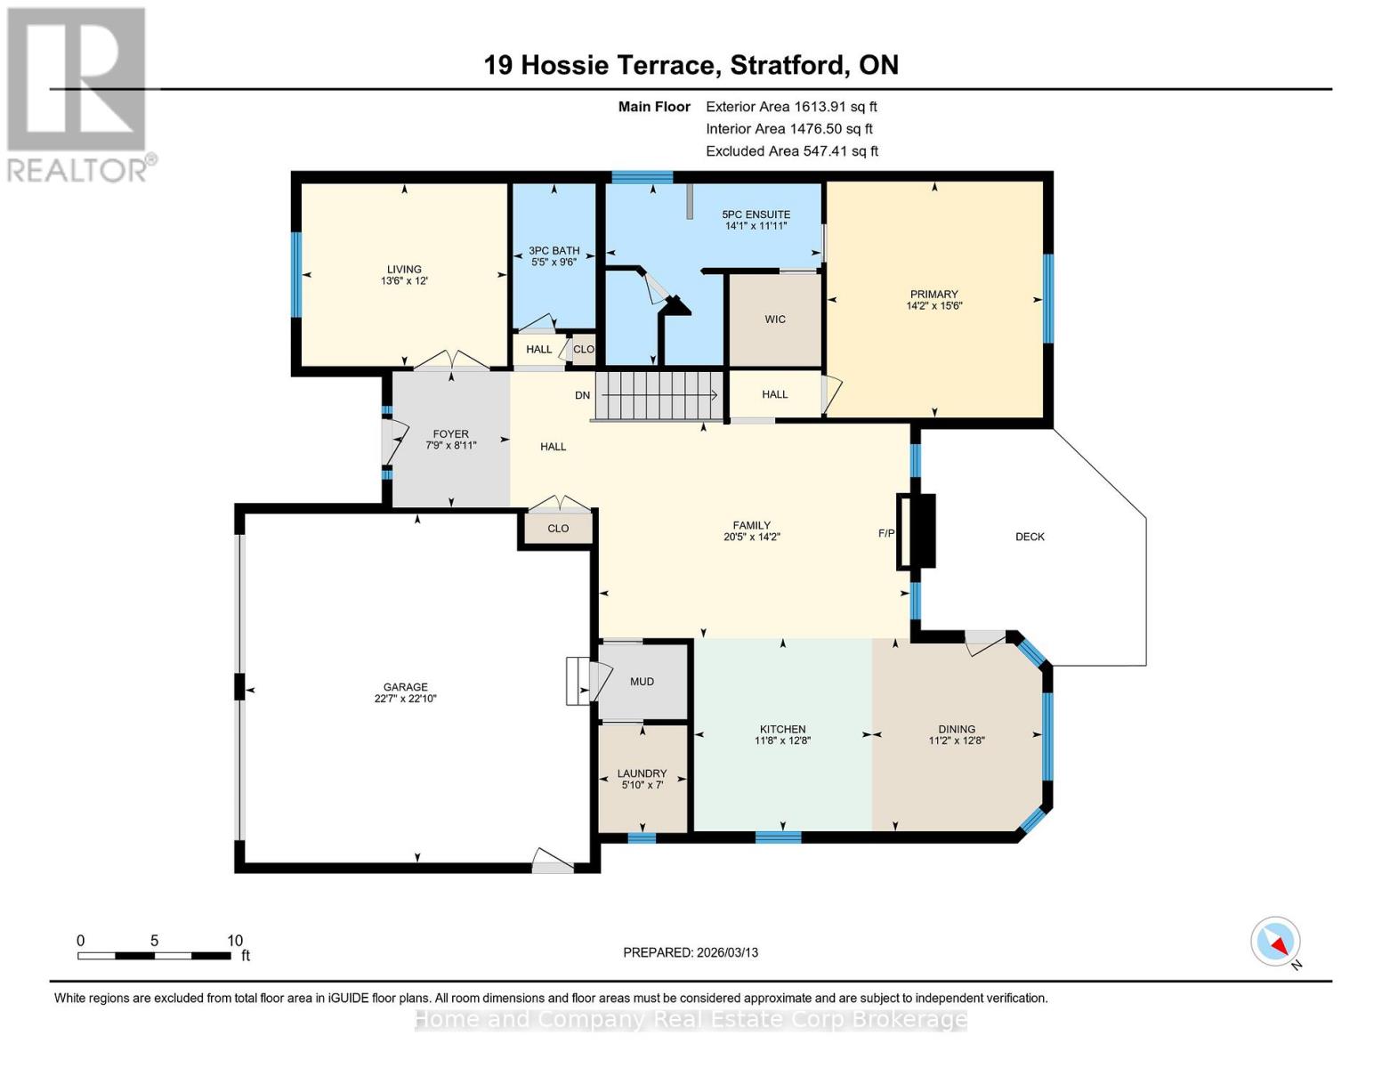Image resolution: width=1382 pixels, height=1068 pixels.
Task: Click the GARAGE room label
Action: pos(405,687)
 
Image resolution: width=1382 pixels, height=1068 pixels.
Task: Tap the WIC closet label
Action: pos(774,320)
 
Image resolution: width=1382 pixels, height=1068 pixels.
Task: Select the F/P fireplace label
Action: pos(886,534)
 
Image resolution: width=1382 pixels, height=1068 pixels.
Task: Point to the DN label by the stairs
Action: pos(582,395)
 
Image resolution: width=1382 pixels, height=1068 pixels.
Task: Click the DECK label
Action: pos(1030,537)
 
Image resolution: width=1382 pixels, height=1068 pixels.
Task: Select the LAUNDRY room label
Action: pos(642,773)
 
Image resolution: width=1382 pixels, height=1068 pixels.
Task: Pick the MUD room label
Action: pos(642,682)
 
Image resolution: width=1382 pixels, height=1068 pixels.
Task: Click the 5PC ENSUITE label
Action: pos(756,214)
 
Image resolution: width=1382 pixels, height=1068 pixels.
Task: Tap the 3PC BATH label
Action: pos(554,251)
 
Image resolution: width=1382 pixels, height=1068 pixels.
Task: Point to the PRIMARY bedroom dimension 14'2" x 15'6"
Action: pos(933,306)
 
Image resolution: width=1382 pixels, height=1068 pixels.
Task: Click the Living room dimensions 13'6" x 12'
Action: pos(404,281)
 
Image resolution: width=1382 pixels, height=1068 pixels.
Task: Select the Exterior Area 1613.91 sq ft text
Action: pos(791,107)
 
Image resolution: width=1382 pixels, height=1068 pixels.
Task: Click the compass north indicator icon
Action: pos(1276,942)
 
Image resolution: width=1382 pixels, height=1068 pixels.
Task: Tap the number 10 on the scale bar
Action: pos(234,941)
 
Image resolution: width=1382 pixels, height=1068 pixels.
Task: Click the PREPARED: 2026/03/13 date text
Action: pos(691,952)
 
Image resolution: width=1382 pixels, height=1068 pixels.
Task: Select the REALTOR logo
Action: pos(78,94)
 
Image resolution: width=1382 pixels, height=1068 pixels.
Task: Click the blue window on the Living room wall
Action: pos(296,274)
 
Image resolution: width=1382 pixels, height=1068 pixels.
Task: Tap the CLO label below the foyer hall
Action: pos(558,529)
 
